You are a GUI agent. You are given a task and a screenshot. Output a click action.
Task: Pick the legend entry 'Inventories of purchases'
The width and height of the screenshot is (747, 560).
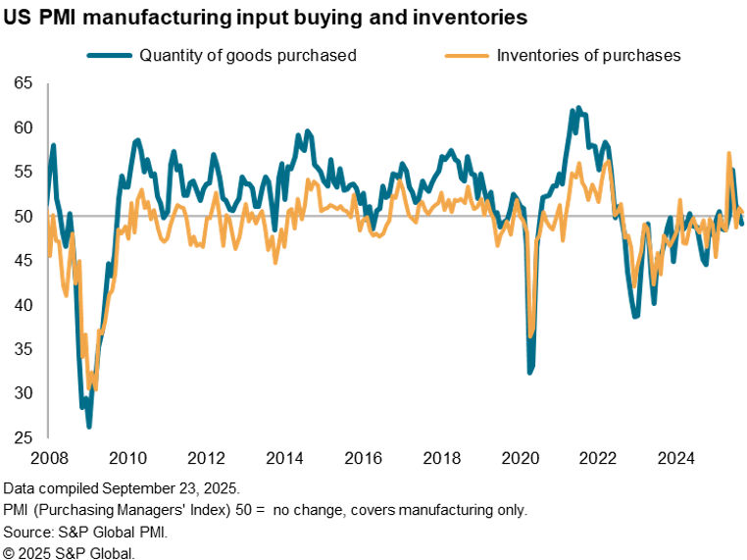[x=588, y=55]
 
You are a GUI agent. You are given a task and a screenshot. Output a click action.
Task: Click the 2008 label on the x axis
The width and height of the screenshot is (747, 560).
[x=50, y=458]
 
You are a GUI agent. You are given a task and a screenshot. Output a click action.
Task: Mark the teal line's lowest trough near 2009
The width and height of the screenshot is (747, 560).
[x=89, y=426]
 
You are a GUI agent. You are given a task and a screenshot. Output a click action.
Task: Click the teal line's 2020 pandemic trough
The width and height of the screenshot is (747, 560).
[x=530, y=372]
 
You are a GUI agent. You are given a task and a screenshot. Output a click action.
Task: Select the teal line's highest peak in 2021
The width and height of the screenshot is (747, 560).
[x=578, y=108]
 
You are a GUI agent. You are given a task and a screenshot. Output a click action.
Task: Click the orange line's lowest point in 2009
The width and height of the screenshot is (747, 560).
[x=94, y=389]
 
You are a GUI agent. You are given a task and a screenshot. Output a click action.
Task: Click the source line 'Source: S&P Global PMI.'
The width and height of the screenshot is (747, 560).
[x=83, y=532]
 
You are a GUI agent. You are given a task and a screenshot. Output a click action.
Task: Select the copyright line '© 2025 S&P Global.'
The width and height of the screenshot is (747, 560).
[x=69, y=552]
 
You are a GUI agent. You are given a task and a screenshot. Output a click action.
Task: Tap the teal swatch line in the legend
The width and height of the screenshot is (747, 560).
[x=116, y=55]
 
